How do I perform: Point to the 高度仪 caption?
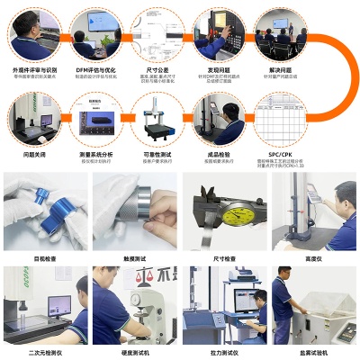(x=313, y=258)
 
